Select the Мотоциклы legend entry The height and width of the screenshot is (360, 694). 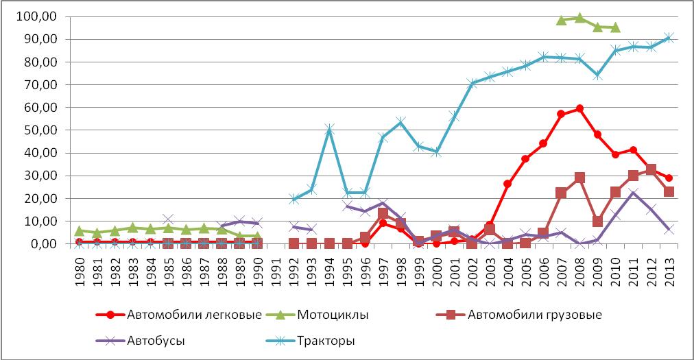333,315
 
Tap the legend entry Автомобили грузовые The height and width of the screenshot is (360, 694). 534,315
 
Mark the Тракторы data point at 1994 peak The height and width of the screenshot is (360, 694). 329,129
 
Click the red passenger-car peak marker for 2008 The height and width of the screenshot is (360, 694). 579,108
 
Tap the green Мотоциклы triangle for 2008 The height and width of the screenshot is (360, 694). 579,18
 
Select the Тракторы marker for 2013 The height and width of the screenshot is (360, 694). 669,38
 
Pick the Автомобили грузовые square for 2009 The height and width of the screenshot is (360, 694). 597,221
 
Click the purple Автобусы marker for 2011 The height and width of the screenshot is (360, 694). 633,193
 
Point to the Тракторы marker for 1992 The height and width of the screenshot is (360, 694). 294,199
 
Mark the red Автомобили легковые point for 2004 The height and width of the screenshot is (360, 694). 508,184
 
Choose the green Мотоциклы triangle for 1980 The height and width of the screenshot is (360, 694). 80,231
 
